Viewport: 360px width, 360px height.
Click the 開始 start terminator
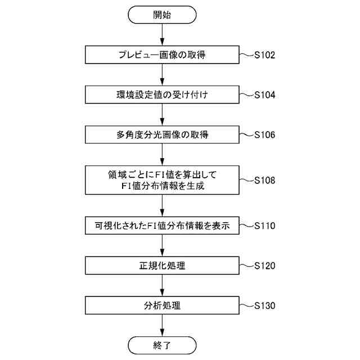163,15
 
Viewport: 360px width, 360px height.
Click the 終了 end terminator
163,345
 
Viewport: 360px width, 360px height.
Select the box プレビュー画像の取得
163,55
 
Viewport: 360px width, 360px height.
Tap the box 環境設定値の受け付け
163,94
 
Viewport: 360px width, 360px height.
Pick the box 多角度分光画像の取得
163,135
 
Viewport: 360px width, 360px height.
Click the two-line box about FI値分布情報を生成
163,180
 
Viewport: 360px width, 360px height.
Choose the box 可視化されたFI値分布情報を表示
163,226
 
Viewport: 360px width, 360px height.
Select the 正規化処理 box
163,265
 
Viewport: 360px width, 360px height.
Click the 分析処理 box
163,306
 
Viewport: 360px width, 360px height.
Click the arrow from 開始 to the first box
163,35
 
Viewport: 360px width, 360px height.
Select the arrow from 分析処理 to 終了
163,326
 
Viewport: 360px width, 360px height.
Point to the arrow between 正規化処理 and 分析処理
163,286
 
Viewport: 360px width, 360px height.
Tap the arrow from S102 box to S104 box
163,75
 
